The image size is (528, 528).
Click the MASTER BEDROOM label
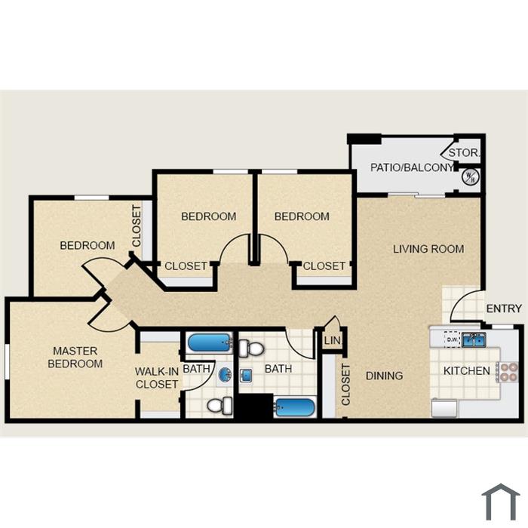(x=75, y=358)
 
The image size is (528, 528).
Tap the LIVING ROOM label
(x=428, y=249)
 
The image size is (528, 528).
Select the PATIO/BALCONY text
(x=412, y=167)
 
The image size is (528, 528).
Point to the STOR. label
(x=464, y=152)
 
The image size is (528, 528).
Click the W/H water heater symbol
(x=471, y=177)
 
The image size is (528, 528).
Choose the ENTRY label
(x=504, y=308)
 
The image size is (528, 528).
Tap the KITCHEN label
(x=466, y=371)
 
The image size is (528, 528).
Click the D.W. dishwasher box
(x=453, y=339)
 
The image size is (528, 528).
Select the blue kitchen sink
(x=474, y=339)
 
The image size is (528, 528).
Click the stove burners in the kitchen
(x=508, y=372)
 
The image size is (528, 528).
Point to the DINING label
(x=384, y=376)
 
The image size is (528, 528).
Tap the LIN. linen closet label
(x=333, y=340)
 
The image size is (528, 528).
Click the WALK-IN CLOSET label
(x=157, y=378)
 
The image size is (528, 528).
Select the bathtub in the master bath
(x=210, y=342)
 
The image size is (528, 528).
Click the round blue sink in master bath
(x=225, y=374)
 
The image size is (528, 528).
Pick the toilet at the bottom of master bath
(x=220, y=406)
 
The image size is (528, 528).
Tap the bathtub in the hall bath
(x=295, y=408)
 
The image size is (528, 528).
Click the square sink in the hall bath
(x=247, y=375)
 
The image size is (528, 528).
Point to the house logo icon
(x=501, y=502)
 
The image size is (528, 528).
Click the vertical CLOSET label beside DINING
(x=345, y=384)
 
